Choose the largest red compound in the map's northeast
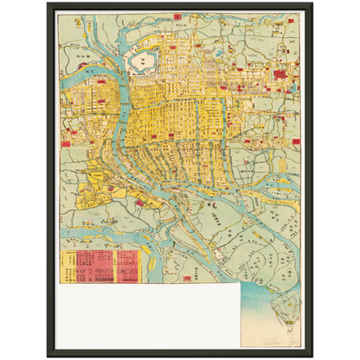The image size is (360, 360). coord(280,75)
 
